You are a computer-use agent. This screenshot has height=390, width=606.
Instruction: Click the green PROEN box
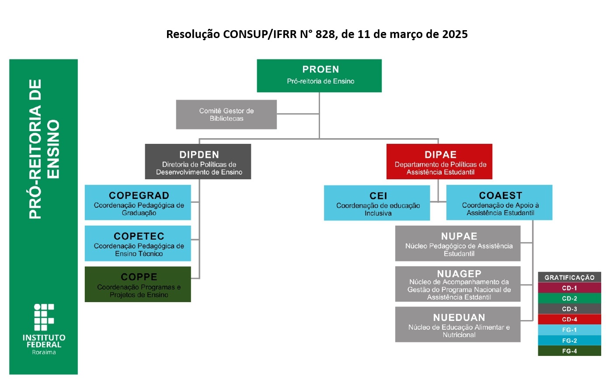click(319, 76)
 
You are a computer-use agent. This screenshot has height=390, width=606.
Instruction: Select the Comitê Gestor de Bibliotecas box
click(226, 115)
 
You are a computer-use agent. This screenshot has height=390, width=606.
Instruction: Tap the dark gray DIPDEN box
click(198, 161)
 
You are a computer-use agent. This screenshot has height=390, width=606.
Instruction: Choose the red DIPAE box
click(439, 161)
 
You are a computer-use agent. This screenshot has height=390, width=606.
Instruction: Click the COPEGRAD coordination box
click(138, 202)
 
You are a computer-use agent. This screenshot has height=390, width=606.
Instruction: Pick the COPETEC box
click(138, 243)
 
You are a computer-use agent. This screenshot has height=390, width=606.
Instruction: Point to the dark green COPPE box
click(138, 284)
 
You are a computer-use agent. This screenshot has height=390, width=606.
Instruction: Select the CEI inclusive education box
click(377, 203)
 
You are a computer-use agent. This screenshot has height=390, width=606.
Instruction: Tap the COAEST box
click(499, 202)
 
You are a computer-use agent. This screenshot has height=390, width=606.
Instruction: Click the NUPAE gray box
click(458, 244)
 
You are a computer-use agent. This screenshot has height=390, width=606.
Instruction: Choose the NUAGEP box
click(458, 284)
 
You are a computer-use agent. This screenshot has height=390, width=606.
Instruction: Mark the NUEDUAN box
click(458, 324)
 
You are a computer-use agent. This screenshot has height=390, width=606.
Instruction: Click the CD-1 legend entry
click(569, 288)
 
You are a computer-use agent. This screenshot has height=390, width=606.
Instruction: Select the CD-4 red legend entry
click(569, 320)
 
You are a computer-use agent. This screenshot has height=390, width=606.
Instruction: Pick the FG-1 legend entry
click(569, 330)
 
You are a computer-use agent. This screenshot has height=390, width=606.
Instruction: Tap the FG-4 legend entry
click(569, 351)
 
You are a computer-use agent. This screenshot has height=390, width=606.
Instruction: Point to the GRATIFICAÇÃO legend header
click(569, 277)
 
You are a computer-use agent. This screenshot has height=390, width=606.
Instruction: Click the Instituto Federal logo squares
click(44, 317)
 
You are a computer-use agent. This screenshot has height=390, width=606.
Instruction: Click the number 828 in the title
click(325, 34)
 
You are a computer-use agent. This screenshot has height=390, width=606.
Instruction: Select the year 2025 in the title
click(454, 34)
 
